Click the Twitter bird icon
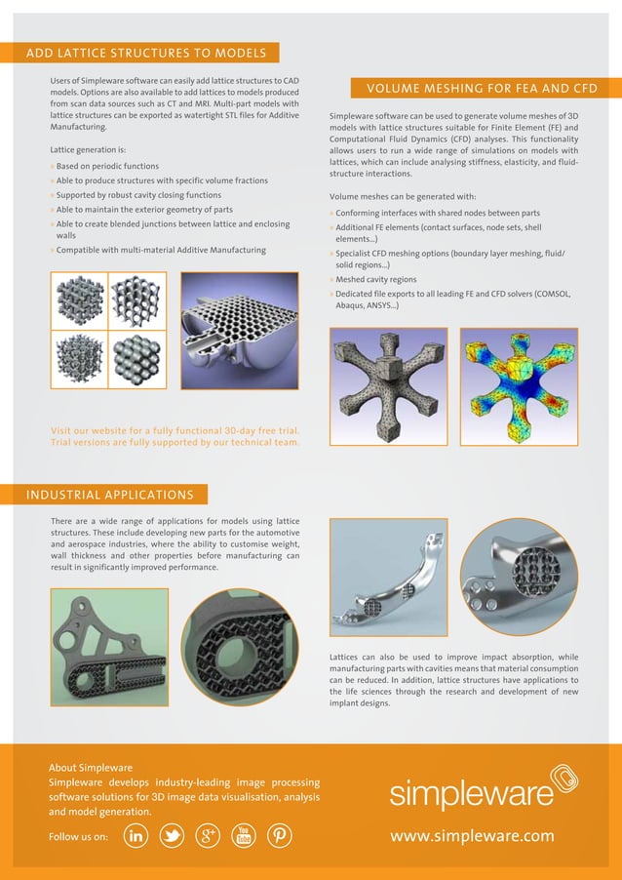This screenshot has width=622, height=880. [x=173, y=836]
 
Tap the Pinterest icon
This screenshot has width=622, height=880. [x=279, y=836]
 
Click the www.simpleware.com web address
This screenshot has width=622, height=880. [x=472, y=836]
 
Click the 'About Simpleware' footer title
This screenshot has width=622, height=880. [x=91, y=768]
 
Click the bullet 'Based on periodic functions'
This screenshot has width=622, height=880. [x=107, y=167]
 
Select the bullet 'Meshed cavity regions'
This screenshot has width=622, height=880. [x=376, y=280]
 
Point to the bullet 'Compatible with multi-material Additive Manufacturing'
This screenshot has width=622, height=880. [x=161, y=251]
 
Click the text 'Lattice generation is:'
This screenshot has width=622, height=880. [x=88, y=150]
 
